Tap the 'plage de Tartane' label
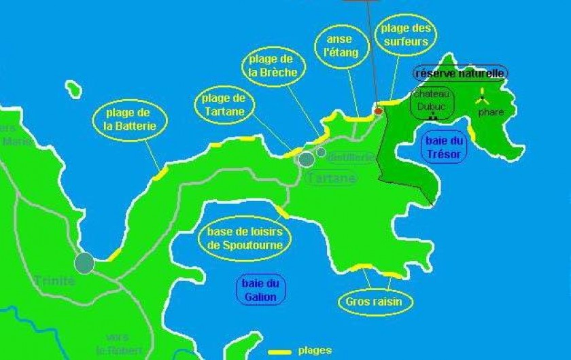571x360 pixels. [224, 105]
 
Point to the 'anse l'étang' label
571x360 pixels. [337, 46]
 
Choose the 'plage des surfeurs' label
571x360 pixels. [405, 34]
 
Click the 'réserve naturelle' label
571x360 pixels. [460, 73]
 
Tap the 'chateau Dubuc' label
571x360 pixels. [432, 102]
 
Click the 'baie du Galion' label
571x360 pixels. [260, 290]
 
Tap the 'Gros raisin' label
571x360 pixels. [374, 301]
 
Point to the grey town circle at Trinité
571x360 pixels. [84, 262]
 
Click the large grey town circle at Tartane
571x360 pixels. [307, 159]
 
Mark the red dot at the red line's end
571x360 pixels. [379, 111]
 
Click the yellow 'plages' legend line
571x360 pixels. [279, 352]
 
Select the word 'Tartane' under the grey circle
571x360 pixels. [331, 178]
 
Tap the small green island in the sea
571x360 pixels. [73, 89]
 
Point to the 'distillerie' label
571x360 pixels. [351, 158]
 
